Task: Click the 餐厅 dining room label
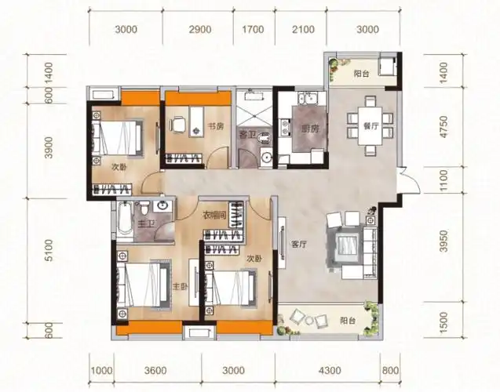(x=370, y=126)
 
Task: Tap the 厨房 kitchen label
(x=310, y=129)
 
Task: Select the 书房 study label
(x=216, y=126)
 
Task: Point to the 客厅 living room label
(x=299, y=245)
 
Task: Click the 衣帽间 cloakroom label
(x=214, y=216)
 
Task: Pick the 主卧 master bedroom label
(x=181, y=286)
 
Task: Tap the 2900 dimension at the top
(x=200, y=30)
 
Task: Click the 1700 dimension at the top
(x=253, y=30)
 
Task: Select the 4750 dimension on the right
(x=443, y=127)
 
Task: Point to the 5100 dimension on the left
(x=49, y=250)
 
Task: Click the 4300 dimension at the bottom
(x=330, y=370)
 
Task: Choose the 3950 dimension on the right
(x=443, y=241)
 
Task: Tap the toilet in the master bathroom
(x=144, y=209)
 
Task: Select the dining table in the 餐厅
(x=370, y=126)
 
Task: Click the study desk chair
(x=177, y=125)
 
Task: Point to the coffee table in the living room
(x=346, y=245)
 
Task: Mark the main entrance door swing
(x=410, y=180)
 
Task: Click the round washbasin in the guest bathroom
(x=266, y=157)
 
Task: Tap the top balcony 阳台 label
(x=362, y=74)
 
